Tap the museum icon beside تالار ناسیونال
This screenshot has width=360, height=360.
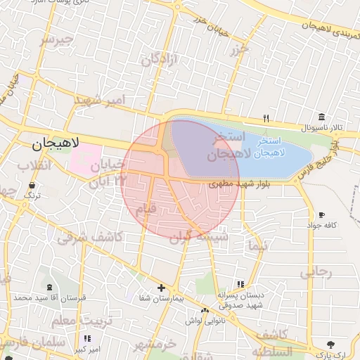pyautogui.click(x=321, y=117)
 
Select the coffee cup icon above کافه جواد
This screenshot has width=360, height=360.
pyautogui.click(x=321, y=214)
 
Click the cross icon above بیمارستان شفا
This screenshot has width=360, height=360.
pyautogui.click(x=161, y=288)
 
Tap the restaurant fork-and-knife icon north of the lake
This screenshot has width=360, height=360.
pyautogui.click(x=266, y=118)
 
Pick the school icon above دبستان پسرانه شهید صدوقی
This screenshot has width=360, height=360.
pyautogui.click(x=240, y=284)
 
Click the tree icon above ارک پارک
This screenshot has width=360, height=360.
pyautogui.click(x=330, y=345)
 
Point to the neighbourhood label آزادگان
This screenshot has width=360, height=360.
pyautogui.click(x=157, y=61)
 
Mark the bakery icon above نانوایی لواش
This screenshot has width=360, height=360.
pyautogui.click(x=205, y=311)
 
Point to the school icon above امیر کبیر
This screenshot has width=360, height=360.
pyautogui.click(x=86, y=339)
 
